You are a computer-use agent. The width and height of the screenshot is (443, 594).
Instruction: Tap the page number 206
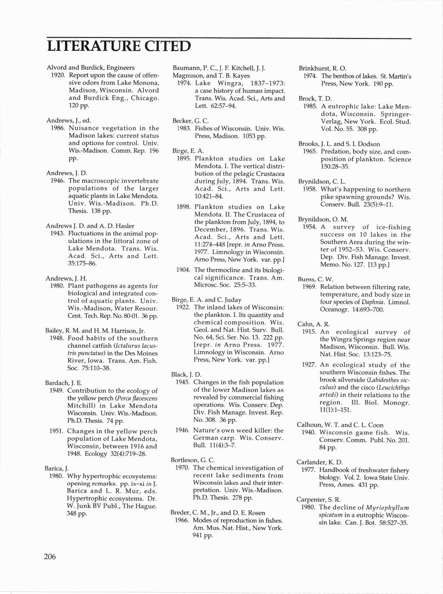[50, 557]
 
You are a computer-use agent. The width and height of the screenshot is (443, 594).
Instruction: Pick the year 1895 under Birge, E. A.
[184, 158]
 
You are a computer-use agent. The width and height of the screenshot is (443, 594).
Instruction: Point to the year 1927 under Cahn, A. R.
[309, 365]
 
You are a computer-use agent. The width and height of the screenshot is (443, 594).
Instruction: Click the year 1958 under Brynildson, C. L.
[309, 189]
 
